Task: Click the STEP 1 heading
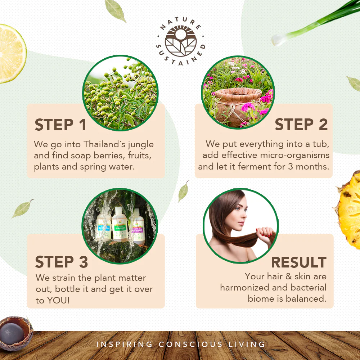(60, 125)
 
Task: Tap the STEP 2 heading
(301, 125)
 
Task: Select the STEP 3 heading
(62, 262)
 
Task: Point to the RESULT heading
(299, 262)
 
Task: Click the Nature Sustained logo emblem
(181, 41)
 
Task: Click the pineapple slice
(348, 210)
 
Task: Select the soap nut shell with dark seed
(15, 333)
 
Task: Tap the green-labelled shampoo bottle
(120, 225)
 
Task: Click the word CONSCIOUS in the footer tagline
(190, 344)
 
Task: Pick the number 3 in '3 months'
(291, 167)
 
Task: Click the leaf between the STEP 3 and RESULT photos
(184, 191)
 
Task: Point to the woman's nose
(244, 216)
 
